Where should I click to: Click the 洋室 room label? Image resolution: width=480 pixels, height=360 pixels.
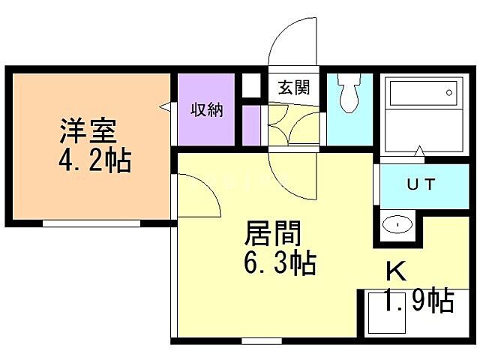pyautogui.click(x=88, y=132)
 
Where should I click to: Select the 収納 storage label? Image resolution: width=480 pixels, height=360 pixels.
pyautogui.click(x=207, y=110)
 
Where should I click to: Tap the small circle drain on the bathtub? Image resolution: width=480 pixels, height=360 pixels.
pyautogui.click(x=448, y=94)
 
